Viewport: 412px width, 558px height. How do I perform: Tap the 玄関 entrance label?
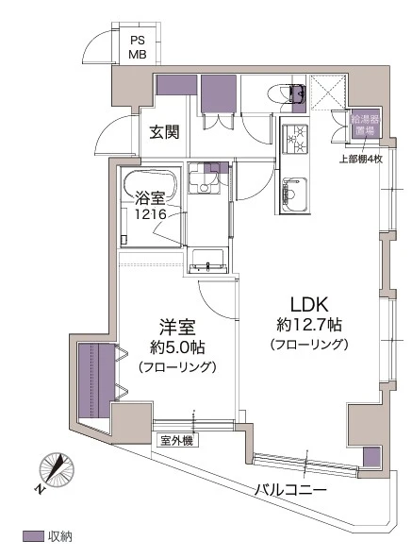[x=164, y=132]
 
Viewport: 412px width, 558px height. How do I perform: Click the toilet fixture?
[x=284, y=93]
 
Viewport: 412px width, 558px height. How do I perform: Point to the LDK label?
[x=307, y=305]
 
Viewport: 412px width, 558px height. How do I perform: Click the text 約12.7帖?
[x=307, y=325]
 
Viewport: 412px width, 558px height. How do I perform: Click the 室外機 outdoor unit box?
[x=176, y=440]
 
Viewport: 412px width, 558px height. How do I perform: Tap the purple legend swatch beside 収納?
[x=33, y=536]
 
